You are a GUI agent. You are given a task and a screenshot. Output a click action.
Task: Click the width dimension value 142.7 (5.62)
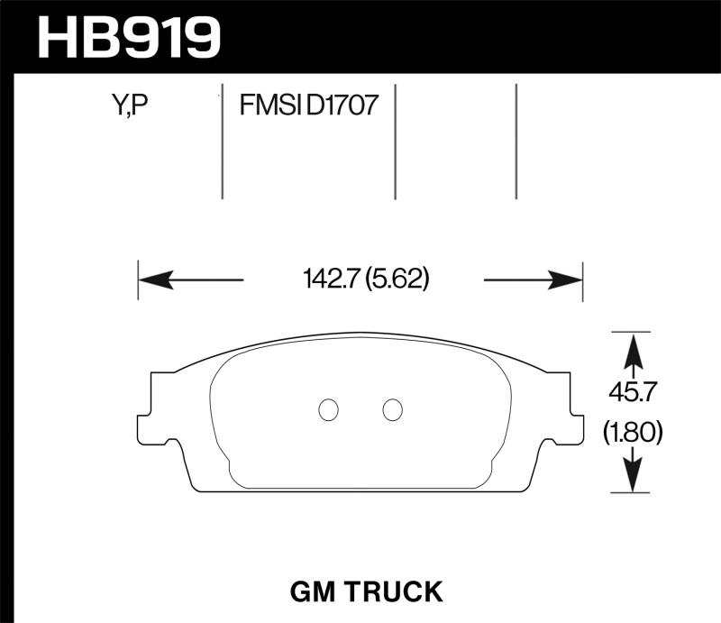click(x=364, y=280)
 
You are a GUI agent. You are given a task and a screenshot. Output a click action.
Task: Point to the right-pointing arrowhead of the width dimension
click(x=567, y=280)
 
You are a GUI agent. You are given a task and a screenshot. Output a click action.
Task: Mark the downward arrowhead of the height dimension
click(x=633, y=477)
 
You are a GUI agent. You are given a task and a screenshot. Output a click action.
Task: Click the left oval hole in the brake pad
click(x=329, y=409)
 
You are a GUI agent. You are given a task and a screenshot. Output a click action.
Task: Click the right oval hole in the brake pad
click(x=391, y=409)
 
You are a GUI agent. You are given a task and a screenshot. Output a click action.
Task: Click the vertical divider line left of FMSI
click(x=223, y=144)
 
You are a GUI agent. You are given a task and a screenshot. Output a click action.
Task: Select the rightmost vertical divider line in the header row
click(x=516, y=142)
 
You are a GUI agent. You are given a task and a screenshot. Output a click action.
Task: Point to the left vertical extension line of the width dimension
click(x=138, y=281)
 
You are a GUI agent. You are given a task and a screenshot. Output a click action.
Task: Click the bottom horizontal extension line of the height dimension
click(x=631, y=493)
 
